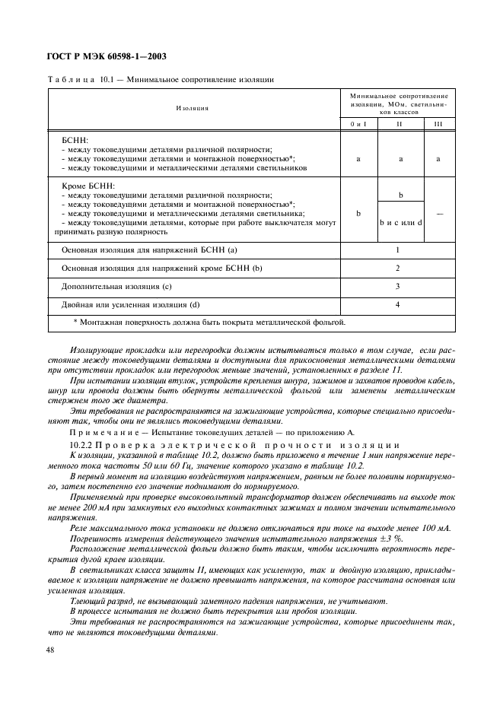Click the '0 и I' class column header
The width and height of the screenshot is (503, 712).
point(358,124)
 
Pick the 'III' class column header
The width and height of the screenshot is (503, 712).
point(438,124)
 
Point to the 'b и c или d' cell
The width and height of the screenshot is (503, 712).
point(400,223)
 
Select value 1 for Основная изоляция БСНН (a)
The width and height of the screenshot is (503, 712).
point(397,250)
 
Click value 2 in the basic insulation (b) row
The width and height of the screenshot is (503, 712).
point(397,269)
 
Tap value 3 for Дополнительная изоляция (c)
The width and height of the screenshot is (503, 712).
point(397,287)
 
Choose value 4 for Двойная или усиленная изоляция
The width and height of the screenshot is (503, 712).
point(397,305)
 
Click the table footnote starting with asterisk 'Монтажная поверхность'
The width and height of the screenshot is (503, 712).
point(209,323)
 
